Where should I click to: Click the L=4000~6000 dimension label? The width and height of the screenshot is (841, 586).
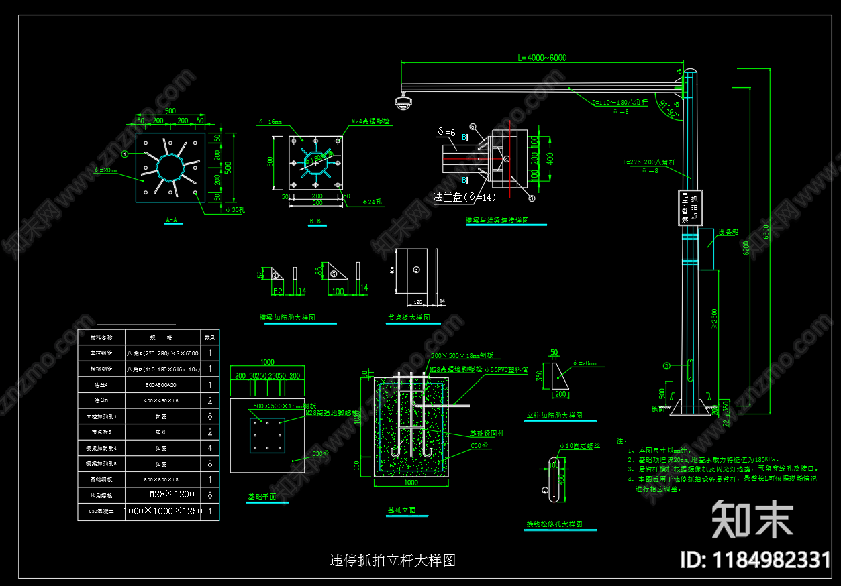click(542, 58)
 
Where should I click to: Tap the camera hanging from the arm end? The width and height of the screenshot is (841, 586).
click(403, 102)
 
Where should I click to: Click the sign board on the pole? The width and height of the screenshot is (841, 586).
click(689, 207)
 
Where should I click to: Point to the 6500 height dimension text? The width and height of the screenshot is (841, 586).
click(765, 231)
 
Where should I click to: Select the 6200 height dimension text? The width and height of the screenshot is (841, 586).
click(747, 249)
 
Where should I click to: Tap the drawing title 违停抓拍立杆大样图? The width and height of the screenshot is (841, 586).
click(393, 561)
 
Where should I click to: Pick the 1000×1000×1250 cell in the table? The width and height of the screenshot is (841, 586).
click(163, 511)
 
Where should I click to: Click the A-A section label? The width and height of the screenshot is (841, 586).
click(172, 220)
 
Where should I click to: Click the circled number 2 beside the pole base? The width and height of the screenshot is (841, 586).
click(666, 365)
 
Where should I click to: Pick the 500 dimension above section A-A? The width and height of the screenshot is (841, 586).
click(170, 111)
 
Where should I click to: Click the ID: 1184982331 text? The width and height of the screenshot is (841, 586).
click(754, 560)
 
